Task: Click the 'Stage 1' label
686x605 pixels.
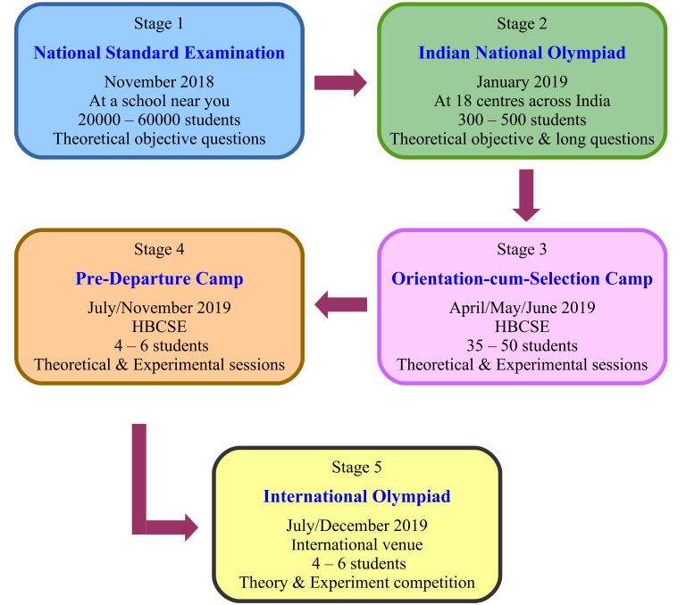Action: [x=159, y=23]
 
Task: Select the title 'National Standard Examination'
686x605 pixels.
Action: [x=159, y=53]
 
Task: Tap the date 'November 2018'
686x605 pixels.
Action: [x=159, y=82]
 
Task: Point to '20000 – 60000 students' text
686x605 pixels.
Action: [x=159, y=120]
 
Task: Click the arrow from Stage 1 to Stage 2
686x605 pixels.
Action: [x=340, y=82]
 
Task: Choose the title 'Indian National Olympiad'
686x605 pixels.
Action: [x=522, y=53]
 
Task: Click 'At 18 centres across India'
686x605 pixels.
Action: [x=522, y=101]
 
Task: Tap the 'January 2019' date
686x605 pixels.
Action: [x=522, y=82]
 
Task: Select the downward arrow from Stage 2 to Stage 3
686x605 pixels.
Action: [x=526, y=195]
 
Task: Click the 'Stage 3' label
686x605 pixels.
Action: [x=522, y=249]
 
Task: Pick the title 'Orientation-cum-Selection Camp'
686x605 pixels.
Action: [x=522, y=279]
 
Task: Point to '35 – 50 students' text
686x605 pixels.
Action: [x=522, y=345]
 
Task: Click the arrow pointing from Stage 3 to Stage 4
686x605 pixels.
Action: [x=340, y=304]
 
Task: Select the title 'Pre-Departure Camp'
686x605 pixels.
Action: [x=159, y=279]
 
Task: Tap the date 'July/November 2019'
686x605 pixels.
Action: [x=159, y=308]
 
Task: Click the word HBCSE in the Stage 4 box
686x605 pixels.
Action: [x=159, y=327]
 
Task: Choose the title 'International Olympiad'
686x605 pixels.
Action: [x=356, y=497]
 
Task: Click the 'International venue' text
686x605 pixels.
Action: [x=356, y=544]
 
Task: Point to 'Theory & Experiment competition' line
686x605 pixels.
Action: [x=356, y=583]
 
